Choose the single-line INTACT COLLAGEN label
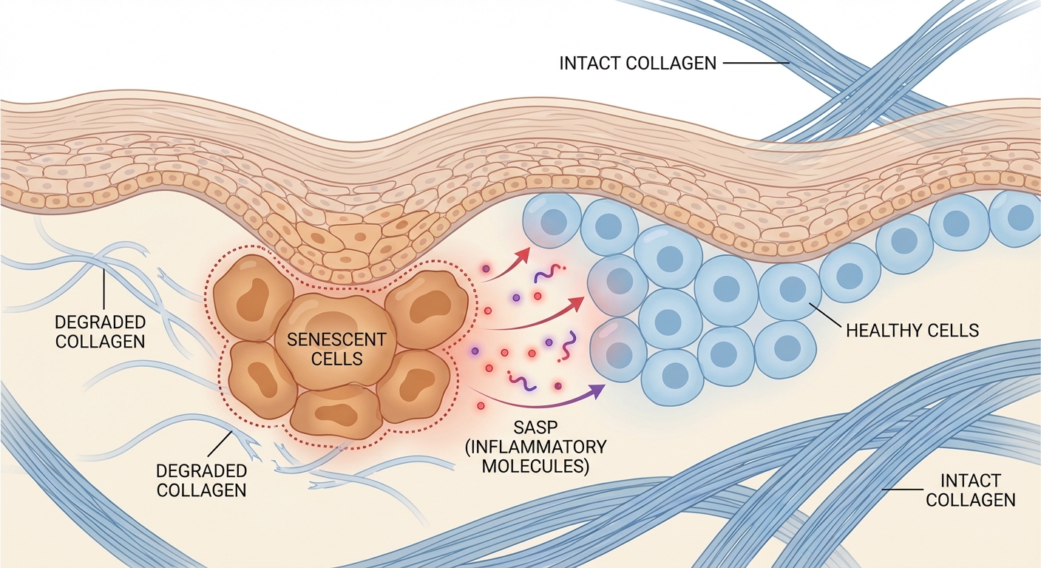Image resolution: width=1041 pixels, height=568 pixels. coord(637,63)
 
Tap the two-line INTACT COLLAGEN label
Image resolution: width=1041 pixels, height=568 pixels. coord(971,490)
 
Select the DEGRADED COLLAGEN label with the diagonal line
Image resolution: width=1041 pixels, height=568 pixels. coord(201,480)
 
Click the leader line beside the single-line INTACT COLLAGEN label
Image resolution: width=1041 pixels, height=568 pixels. coord(756,64)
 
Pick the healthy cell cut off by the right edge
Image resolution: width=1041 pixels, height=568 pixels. coord(1021,218)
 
